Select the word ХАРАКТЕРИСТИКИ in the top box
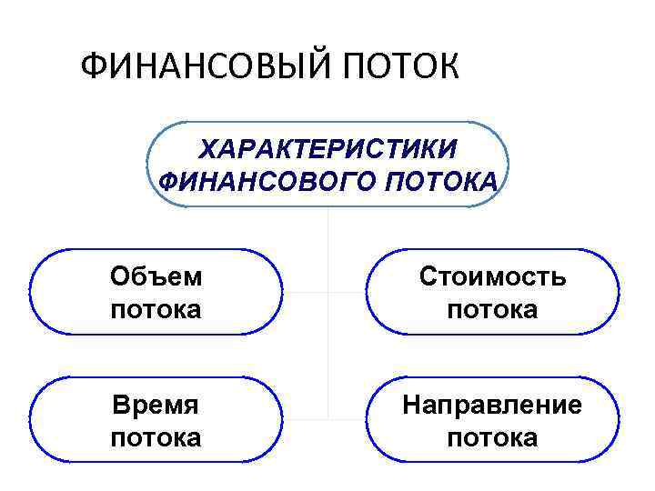(328, 148)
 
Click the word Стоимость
(492, 276)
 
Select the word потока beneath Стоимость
(492, 309)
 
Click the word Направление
(492, 405)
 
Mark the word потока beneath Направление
(492, 437)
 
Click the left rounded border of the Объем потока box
(31, 293)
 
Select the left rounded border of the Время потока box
(31, 420)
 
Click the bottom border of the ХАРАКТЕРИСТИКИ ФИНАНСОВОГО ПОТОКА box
(327, 206)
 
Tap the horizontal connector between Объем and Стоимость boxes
(327, 293)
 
